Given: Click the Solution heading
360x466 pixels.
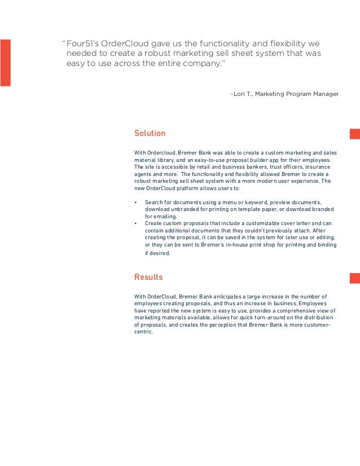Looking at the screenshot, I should [x=150, y=134].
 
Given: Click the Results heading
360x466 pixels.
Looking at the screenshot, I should [x=148, y=277].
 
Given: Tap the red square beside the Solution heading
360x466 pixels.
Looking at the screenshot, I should [x=354, y=134].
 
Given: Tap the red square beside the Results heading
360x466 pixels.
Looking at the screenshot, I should [x=354, y=277].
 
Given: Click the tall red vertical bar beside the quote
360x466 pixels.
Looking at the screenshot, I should [x=5, y=63].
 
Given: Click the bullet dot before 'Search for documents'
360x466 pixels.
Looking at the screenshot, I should [x=137, y=202].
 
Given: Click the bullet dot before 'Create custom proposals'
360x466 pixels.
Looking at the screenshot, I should [x=137, y=224].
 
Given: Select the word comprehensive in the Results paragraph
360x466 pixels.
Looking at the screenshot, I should [x=293, y=311].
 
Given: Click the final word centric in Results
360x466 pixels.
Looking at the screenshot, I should [x=143, y=333].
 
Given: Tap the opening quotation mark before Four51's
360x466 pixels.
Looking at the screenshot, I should [x=64, y=43].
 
